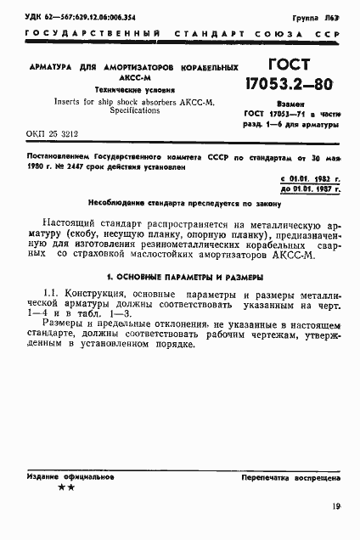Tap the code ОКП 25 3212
tap(50, 134)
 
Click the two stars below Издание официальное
tap(65, 488)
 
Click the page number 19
tap(336, 509)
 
